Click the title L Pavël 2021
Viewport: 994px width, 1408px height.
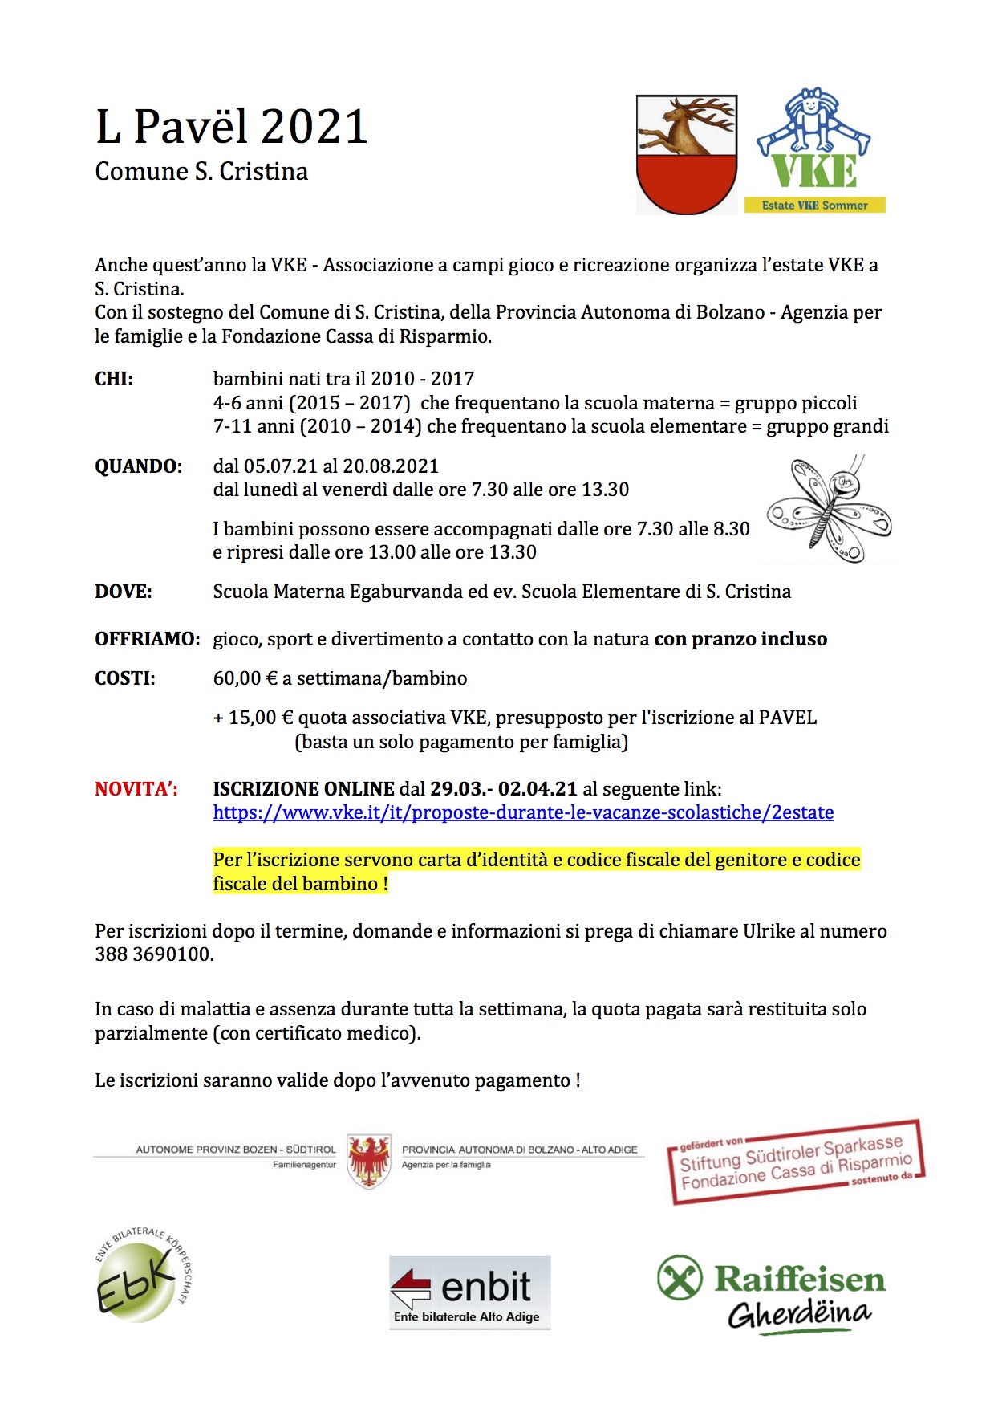(x=231, y=127)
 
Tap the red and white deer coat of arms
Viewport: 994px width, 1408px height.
(x=686, y=154)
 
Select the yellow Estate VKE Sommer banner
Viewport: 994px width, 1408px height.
(x=814, y=206)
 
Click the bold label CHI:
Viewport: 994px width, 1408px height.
(x=114, y=379)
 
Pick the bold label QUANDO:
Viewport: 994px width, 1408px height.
(x=138, y=466)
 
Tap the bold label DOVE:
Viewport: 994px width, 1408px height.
(x=124, y=592)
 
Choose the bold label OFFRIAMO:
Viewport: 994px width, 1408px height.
(x=147, y=639)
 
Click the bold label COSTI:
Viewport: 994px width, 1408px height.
(x=125, y=678)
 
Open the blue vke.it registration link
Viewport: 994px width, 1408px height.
(x=523, y=812)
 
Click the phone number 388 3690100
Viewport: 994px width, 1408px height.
(x=153, y=954)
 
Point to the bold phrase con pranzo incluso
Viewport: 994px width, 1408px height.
(x=740, y=639)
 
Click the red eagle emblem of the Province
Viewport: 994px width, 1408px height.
(x=369, y=1161)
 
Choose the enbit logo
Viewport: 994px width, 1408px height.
(x=469, y=1292)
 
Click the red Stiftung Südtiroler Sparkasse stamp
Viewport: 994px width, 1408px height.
(x=796, y=1162)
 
